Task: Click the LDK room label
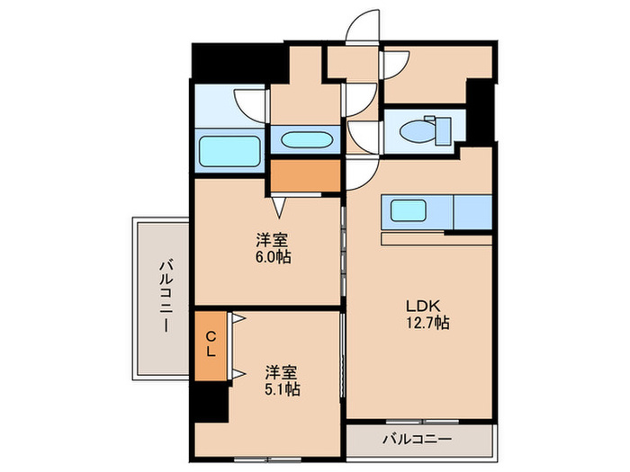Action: (420, 305)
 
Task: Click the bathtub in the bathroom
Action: (229, 148)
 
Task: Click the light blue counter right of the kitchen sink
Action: (472, 212)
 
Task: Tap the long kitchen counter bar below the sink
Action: (436, 239)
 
